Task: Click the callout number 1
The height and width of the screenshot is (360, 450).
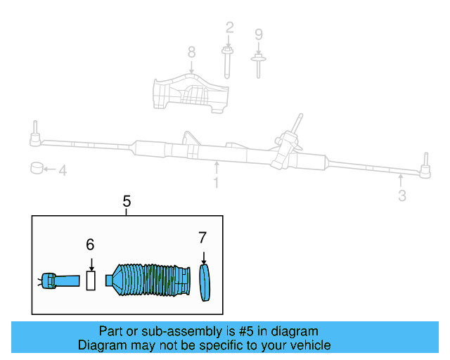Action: point(216,183)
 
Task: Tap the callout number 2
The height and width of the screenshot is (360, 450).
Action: point(229,28)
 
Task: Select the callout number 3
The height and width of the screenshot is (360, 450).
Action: point(401,196)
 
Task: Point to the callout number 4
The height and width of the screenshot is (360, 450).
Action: point(62,170)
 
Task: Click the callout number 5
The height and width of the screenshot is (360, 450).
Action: point(127,201)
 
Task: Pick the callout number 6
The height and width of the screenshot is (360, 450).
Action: point(90,245)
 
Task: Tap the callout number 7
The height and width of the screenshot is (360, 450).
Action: point(202,237)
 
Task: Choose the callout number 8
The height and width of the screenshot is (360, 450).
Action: point(191,52)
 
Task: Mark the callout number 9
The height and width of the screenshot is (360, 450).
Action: point(258,34)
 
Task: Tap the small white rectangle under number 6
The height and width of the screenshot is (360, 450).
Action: point(91,281)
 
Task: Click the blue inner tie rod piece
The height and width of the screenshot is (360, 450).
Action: point(60,281)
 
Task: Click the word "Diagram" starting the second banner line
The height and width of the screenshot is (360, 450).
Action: point(101,345)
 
